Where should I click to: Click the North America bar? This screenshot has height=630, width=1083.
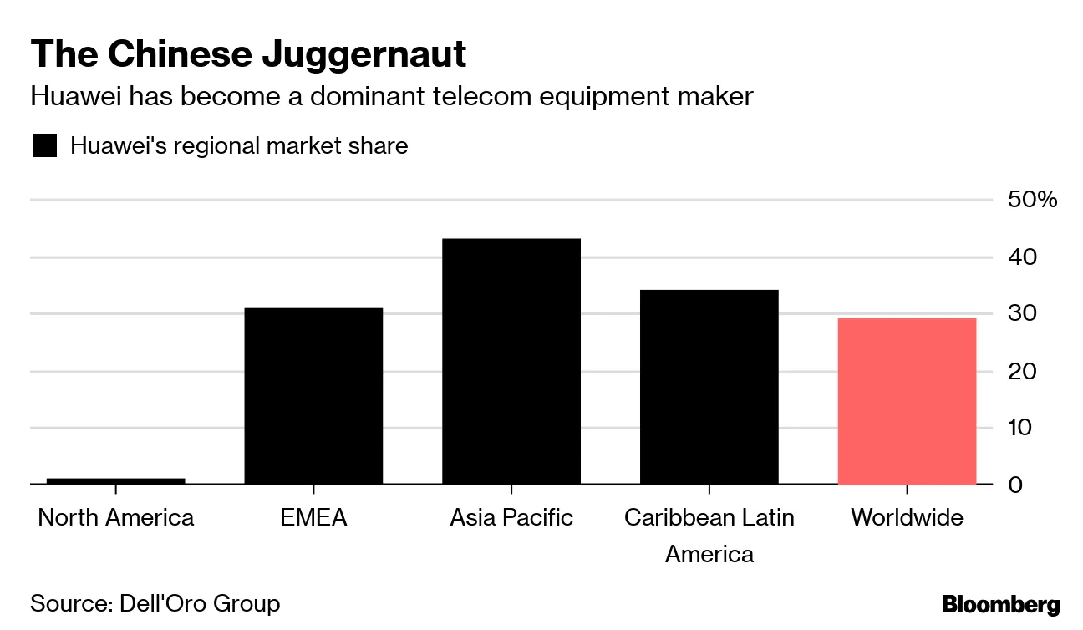(115, 480)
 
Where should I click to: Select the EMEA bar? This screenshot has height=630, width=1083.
(313, 396)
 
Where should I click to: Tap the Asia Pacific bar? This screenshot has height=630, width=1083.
(511, 361)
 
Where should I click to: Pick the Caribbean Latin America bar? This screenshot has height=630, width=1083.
(709, 387)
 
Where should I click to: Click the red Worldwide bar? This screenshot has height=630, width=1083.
(907, 401)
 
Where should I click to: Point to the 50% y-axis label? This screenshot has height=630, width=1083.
(1032, 200)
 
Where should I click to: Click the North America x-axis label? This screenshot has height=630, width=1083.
(115, 517)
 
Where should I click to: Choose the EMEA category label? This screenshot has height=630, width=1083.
(313, 517)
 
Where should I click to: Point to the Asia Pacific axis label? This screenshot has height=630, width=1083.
(511, 517)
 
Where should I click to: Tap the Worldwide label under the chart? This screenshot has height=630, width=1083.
(907, 517)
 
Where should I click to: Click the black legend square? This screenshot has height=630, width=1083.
(44, 146)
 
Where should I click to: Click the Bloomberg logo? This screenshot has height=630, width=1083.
(1000, 605)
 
